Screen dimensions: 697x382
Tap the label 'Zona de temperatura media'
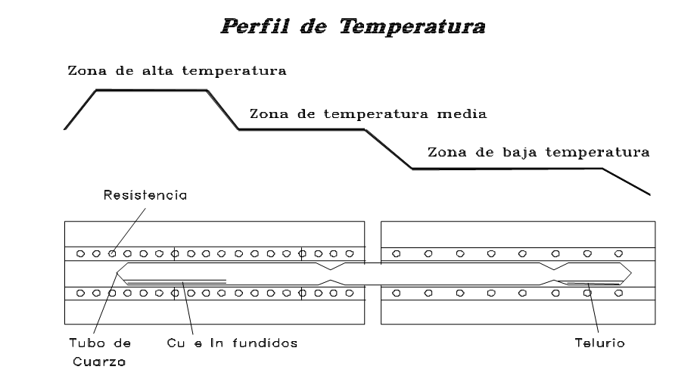(x=367, y=115)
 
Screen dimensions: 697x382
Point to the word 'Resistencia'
(x=144, y=196)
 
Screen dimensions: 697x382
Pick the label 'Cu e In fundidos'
(x=231, y=343)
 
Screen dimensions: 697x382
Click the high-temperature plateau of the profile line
(x=151, y=90)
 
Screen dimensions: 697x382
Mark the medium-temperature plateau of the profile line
(x=303, y=130)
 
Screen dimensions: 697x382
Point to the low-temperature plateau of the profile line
(x=507, y=168)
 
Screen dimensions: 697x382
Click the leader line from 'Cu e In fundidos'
(x=187, y=310)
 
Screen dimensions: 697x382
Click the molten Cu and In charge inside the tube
(x=174, y=281)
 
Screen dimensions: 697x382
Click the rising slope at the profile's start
(x=80, y=110)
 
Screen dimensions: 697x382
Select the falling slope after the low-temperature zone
(x=627, y=182)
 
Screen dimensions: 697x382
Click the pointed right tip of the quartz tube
(x=633, y=272)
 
